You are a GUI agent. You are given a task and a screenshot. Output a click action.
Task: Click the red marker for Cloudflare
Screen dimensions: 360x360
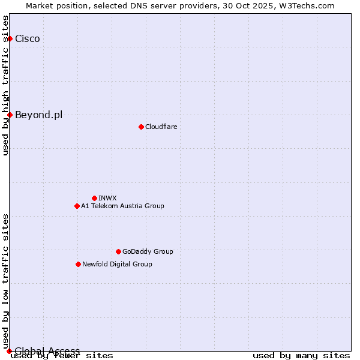[x=141, y=127]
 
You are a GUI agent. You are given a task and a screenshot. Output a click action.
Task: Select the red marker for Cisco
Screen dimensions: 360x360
[x=10, y=38]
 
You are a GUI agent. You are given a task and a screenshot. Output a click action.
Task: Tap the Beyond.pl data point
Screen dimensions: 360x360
[x=10, y=115]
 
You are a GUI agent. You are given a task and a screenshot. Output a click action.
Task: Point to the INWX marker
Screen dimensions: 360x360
[x=94, y=198]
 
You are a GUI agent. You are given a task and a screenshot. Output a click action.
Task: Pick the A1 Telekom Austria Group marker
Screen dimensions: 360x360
[x=77, y=206]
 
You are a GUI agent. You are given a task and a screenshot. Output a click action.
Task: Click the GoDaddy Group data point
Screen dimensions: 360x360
[x=118, y=251]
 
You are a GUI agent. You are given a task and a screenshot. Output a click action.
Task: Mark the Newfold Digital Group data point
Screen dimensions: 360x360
[x=78, y=264]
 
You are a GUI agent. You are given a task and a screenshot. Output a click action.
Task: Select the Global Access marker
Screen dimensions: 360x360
[x=9, y=351]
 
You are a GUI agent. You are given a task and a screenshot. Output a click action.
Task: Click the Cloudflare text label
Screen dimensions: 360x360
[x=161, y=127]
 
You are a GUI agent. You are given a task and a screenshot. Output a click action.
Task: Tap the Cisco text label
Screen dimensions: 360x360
[x=28, y=39]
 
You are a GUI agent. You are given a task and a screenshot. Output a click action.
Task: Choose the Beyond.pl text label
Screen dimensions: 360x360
[x=38, y=115]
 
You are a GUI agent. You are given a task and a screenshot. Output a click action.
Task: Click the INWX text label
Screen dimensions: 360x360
[x=107, y=198]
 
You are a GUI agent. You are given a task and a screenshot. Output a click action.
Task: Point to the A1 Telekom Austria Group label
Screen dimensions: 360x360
[x=122, y=206]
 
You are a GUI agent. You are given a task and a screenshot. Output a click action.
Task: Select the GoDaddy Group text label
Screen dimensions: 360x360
[x=148, y=251]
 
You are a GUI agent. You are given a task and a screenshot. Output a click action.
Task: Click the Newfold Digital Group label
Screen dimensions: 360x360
[x=117, y=264]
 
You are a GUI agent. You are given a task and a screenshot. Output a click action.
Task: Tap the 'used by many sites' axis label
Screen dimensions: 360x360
[x=301, y=356]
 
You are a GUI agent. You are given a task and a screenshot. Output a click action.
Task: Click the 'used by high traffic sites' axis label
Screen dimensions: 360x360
[x=6, y=85]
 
